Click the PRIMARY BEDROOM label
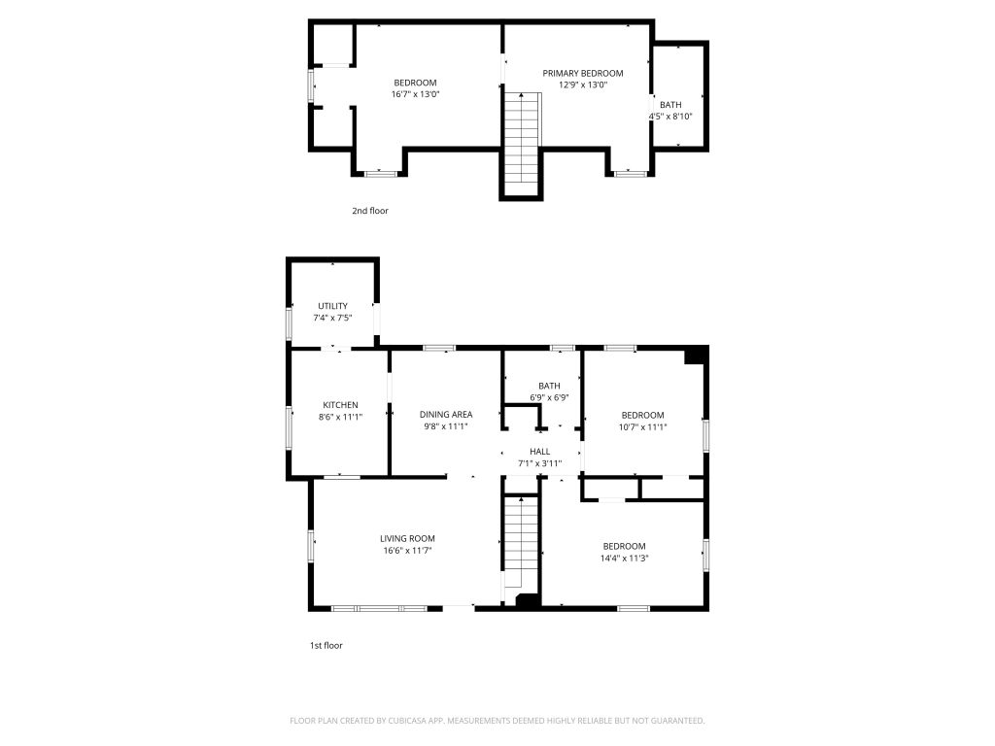point(583,73)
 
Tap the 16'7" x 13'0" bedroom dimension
point(416,94)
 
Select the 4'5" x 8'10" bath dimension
point(670,117)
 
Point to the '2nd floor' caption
point(370,211)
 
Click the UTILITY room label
point(332,306)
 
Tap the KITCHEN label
point(340,405)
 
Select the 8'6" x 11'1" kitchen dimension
point(340,417)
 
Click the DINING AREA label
point(445,414)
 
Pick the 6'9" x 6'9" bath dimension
point(549,397)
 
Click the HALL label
point(539,451)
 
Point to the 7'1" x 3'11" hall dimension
point(539,463)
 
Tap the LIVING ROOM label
point(407,538)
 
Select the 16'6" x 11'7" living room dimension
point(407,551)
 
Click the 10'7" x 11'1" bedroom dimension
point(643,427)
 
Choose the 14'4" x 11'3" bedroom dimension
point(625,559)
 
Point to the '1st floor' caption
point(326,645)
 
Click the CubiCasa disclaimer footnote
point(497,721)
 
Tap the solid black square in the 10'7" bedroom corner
point(695,356)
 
